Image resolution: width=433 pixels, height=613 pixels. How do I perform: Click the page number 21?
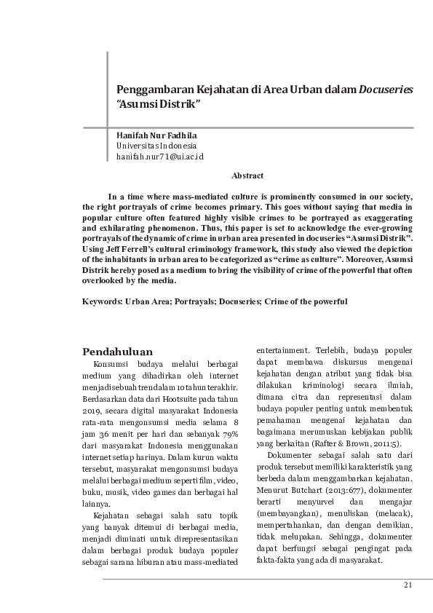[408, 585]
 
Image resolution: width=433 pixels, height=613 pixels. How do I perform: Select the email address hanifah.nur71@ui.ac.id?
[159, 157]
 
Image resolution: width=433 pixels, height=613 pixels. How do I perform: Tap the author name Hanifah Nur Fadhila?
[156, 135]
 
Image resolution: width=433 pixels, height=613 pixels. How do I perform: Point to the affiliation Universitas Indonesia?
[151, 146]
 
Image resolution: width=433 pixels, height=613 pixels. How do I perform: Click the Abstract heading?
[247, 176]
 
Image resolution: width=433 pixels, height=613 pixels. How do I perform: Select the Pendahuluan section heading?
[117, 352]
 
